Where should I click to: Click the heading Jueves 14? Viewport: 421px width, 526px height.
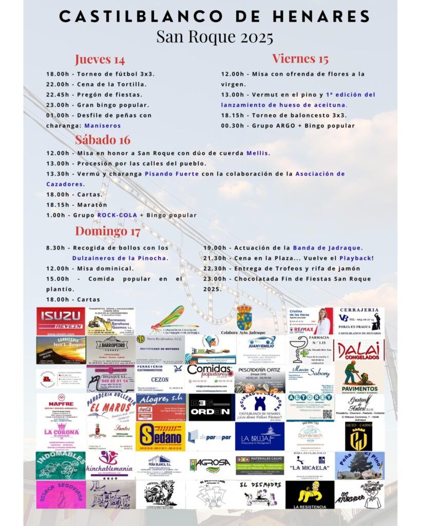100,59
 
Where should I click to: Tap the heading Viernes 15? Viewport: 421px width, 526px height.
300,58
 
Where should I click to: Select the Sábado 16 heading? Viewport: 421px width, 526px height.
103,139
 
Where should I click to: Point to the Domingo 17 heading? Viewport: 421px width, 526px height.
108,231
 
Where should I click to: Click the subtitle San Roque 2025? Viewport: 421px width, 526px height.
215,37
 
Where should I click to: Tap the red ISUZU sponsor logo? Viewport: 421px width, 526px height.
61,321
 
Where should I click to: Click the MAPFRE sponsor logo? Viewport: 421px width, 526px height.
61,407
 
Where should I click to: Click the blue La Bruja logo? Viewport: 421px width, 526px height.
260,437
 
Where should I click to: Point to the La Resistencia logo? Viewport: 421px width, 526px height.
310,495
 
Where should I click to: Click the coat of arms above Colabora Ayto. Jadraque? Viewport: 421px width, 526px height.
244,317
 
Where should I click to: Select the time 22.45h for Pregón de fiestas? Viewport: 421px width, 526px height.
57,95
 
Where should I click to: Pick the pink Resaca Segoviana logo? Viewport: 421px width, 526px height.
61,495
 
